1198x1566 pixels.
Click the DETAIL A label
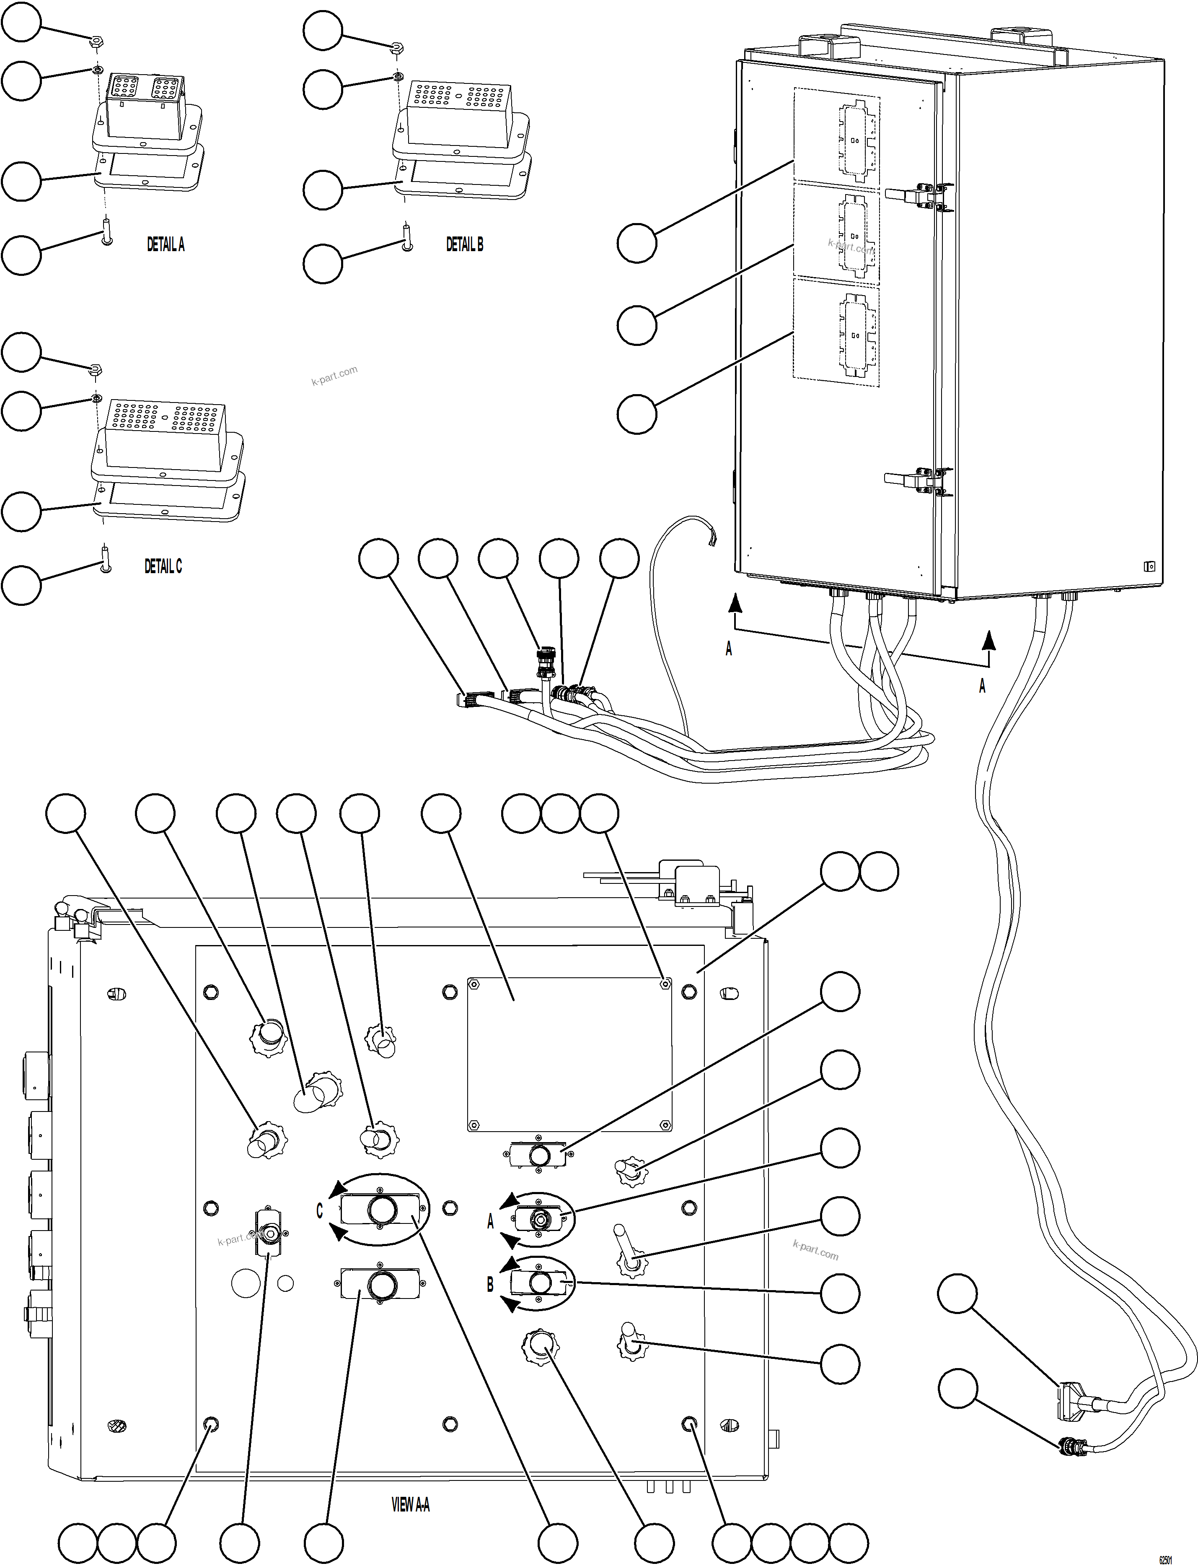166,245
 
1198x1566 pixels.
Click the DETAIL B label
464,245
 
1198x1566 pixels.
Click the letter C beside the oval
319,1211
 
